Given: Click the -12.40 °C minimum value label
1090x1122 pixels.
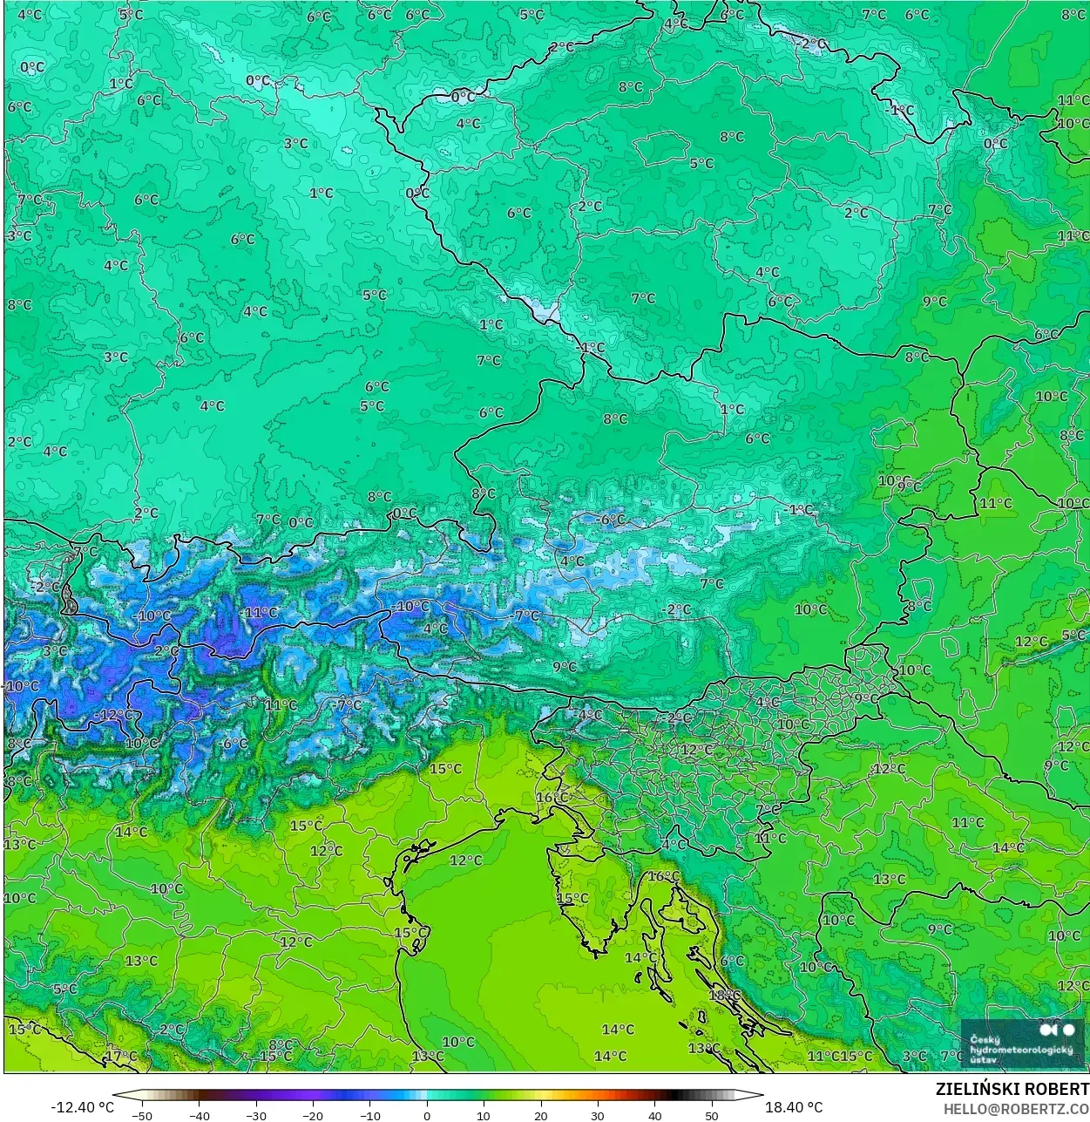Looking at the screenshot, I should (x=82, y=1107).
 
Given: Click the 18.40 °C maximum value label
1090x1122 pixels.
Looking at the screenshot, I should (x=794, y=1107).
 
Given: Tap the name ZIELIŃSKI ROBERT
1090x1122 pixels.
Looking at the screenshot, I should (x=1012, y=1090).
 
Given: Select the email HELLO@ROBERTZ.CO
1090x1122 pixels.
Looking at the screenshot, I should (x=1016, y=1109).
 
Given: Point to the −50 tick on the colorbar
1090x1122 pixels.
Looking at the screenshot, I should (x=142, y=1116).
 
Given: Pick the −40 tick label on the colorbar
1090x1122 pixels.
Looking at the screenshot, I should (x=199, y=1116).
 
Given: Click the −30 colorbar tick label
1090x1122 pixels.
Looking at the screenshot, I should (x=256, y=1116).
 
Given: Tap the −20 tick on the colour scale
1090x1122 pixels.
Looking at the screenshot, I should (x=313, y=1116).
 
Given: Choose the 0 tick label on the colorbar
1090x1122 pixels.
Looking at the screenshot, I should (x=427, y=1116).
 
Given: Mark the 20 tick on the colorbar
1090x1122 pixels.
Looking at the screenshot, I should (x=541, y=1116).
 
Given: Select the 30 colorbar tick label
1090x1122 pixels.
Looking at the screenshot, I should (x=598, y=1116).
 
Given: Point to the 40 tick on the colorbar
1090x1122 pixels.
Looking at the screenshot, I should (x=655, y=1116).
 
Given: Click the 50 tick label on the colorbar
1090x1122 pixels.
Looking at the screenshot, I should (x=712, y=1116).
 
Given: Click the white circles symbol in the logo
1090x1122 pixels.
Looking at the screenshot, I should (x=1057, y=1030).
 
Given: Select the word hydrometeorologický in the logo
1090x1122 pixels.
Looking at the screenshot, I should (x=1021, y=1051).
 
